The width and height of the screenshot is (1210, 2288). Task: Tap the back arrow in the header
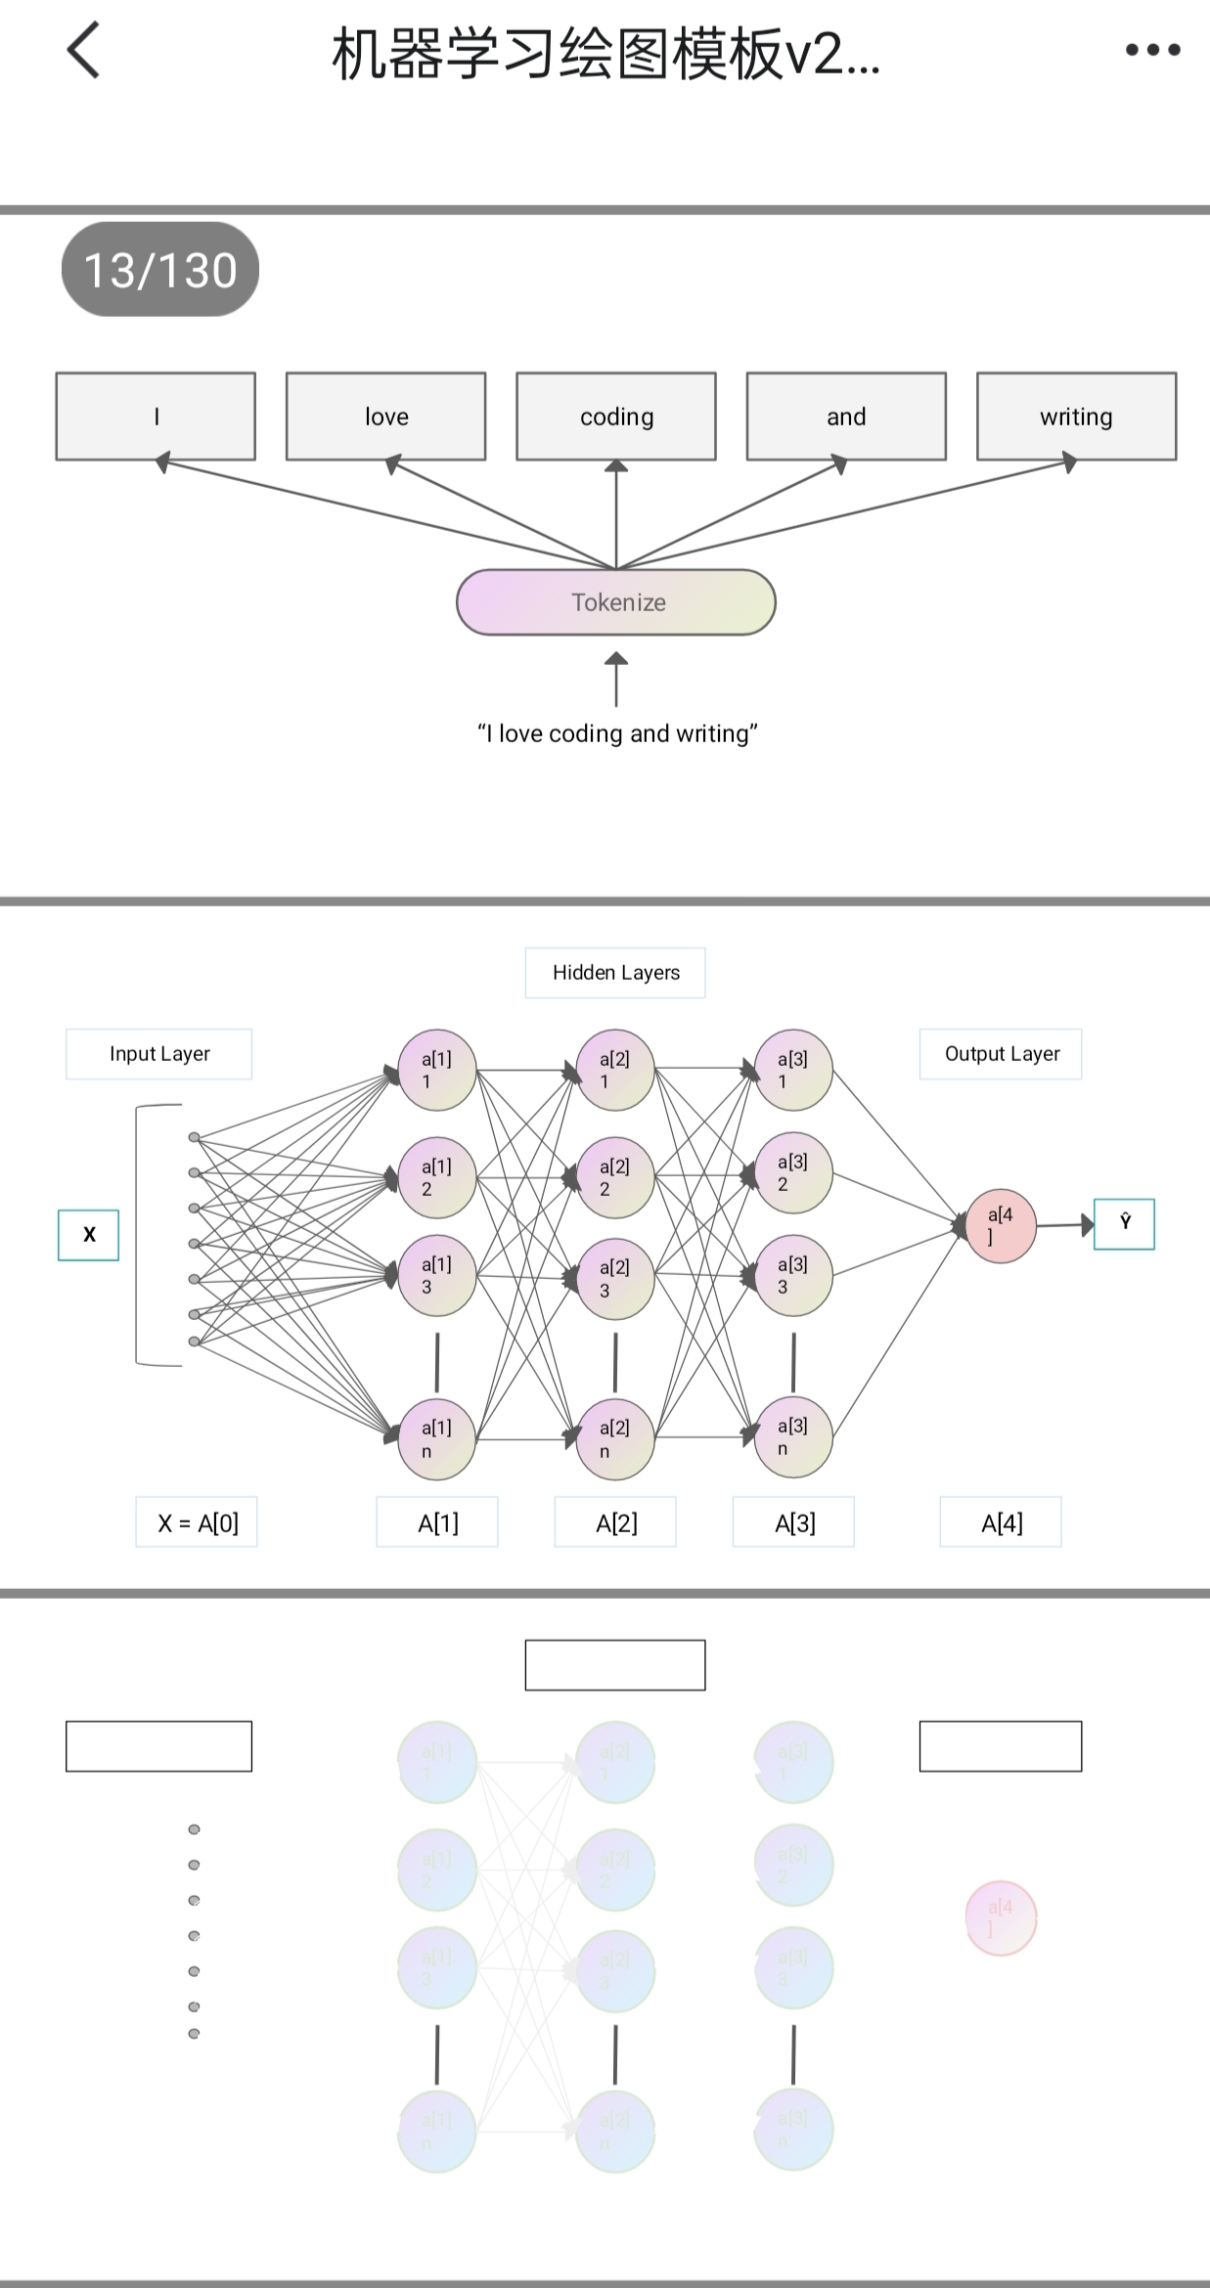pyautogui.click(x=84, y=51)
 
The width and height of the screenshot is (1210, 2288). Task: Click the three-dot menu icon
pyautogui.click(x=1152, y=50)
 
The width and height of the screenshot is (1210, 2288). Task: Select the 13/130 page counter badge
pyautogui.click(x=160, y=270)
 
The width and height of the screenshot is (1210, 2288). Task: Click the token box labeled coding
pyautogui.click(x=616, y=417)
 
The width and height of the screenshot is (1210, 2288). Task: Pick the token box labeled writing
pyautogui.click(x=1076, y=417)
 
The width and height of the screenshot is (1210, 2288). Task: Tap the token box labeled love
pyautogui.click(x=386, y=417)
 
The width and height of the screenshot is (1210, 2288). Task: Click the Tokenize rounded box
pyautogui.click(x=616, y=602)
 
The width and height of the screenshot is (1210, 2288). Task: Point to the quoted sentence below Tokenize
pyautogui.click(x=617, y=733)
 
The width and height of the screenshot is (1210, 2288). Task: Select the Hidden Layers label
pyautogui.click(x=615, y=973)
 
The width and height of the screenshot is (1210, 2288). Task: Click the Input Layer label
pyautogui.click(x=158, y=1054)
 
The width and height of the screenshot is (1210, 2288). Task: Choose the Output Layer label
pyautogui.click(x=1001, y=1054)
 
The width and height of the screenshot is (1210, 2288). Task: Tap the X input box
pyautogui.click(x=89, y=1235)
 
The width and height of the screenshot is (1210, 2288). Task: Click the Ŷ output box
pyautogui.click(x=1124, y=1224)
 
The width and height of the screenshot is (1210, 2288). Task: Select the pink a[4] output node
pyautogui.click(x=1001, y=1226)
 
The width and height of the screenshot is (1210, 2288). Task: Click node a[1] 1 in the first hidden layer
pyautogui.click(x=437, y=1070)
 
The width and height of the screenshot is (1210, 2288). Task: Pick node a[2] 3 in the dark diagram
pyautogui.click(x=614, y=1279)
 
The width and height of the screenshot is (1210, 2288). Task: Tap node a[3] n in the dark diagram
pyautogui.click(x=793, y=1437)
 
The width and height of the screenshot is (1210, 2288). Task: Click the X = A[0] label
pyautogui.click(x=197, y=1522)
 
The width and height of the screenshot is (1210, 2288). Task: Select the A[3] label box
pyautogui.click(x=793, y=1522)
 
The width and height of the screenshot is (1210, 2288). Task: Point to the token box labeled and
pyautogui.click(x=846, y=417)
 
